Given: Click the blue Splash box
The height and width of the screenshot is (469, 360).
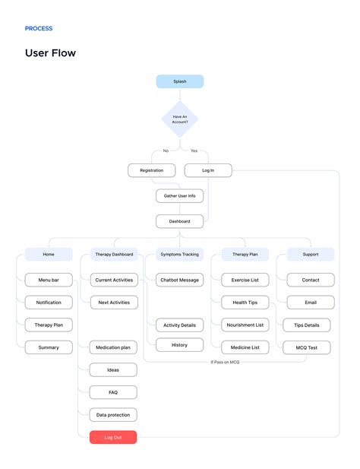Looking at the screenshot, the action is click(x=180, y=81).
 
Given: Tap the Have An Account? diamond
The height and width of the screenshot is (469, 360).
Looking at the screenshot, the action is click(x=180, y=119).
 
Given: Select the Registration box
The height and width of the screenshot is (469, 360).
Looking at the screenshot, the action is click(x=151, y=170).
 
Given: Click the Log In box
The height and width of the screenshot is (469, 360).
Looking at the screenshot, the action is click(x=208, y=170).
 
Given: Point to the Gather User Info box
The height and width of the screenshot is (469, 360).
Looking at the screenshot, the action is click(x=179, y=196).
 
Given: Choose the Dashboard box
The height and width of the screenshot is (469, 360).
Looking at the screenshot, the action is click(x=179, y=221).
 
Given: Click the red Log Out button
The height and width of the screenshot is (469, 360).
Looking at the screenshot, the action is click(x=113, y=437).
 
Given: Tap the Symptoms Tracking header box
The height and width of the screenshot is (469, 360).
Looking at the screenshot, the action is click(x=179, y=254).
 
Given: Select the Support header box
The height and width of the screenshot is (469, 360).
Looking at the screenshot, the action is click(x=311, y=254).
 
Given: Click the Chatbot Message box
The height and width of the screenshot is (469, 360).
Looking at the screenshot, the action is click(x=179, y=280).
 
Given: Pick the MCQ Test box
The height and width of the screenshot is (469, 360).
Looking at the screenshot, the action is click(x=307, y=347).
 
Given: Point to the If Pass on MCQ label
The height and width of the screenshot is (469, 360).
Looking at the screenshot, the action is click(x=225, y=362).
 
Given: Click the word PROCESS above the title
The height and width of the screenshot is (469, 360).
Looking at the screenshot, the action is click(x=39, y=28).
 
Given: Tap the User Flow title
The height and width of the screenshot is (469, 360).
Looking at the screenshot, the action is click(x=50, y=53).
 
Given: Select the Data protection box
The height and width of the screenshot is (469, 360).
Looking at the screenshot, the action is click(x=113, y=415).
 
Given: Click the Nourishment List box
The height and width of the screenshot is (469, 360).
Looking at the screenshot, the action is click(x=245, y=325).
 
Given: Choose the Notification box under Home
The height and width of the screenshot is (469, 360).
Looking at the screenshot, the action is click(x=49, y=303).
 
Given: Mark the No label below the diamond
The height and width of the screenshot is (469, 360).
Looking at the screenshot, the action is click(x=166, y=151).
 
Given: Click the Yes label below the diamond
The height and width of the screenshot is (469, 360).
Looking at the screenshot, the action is click(x=194, y=151).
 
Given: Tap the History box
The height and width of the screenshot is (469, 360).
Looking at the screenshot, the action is click(x=179, y=345).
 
